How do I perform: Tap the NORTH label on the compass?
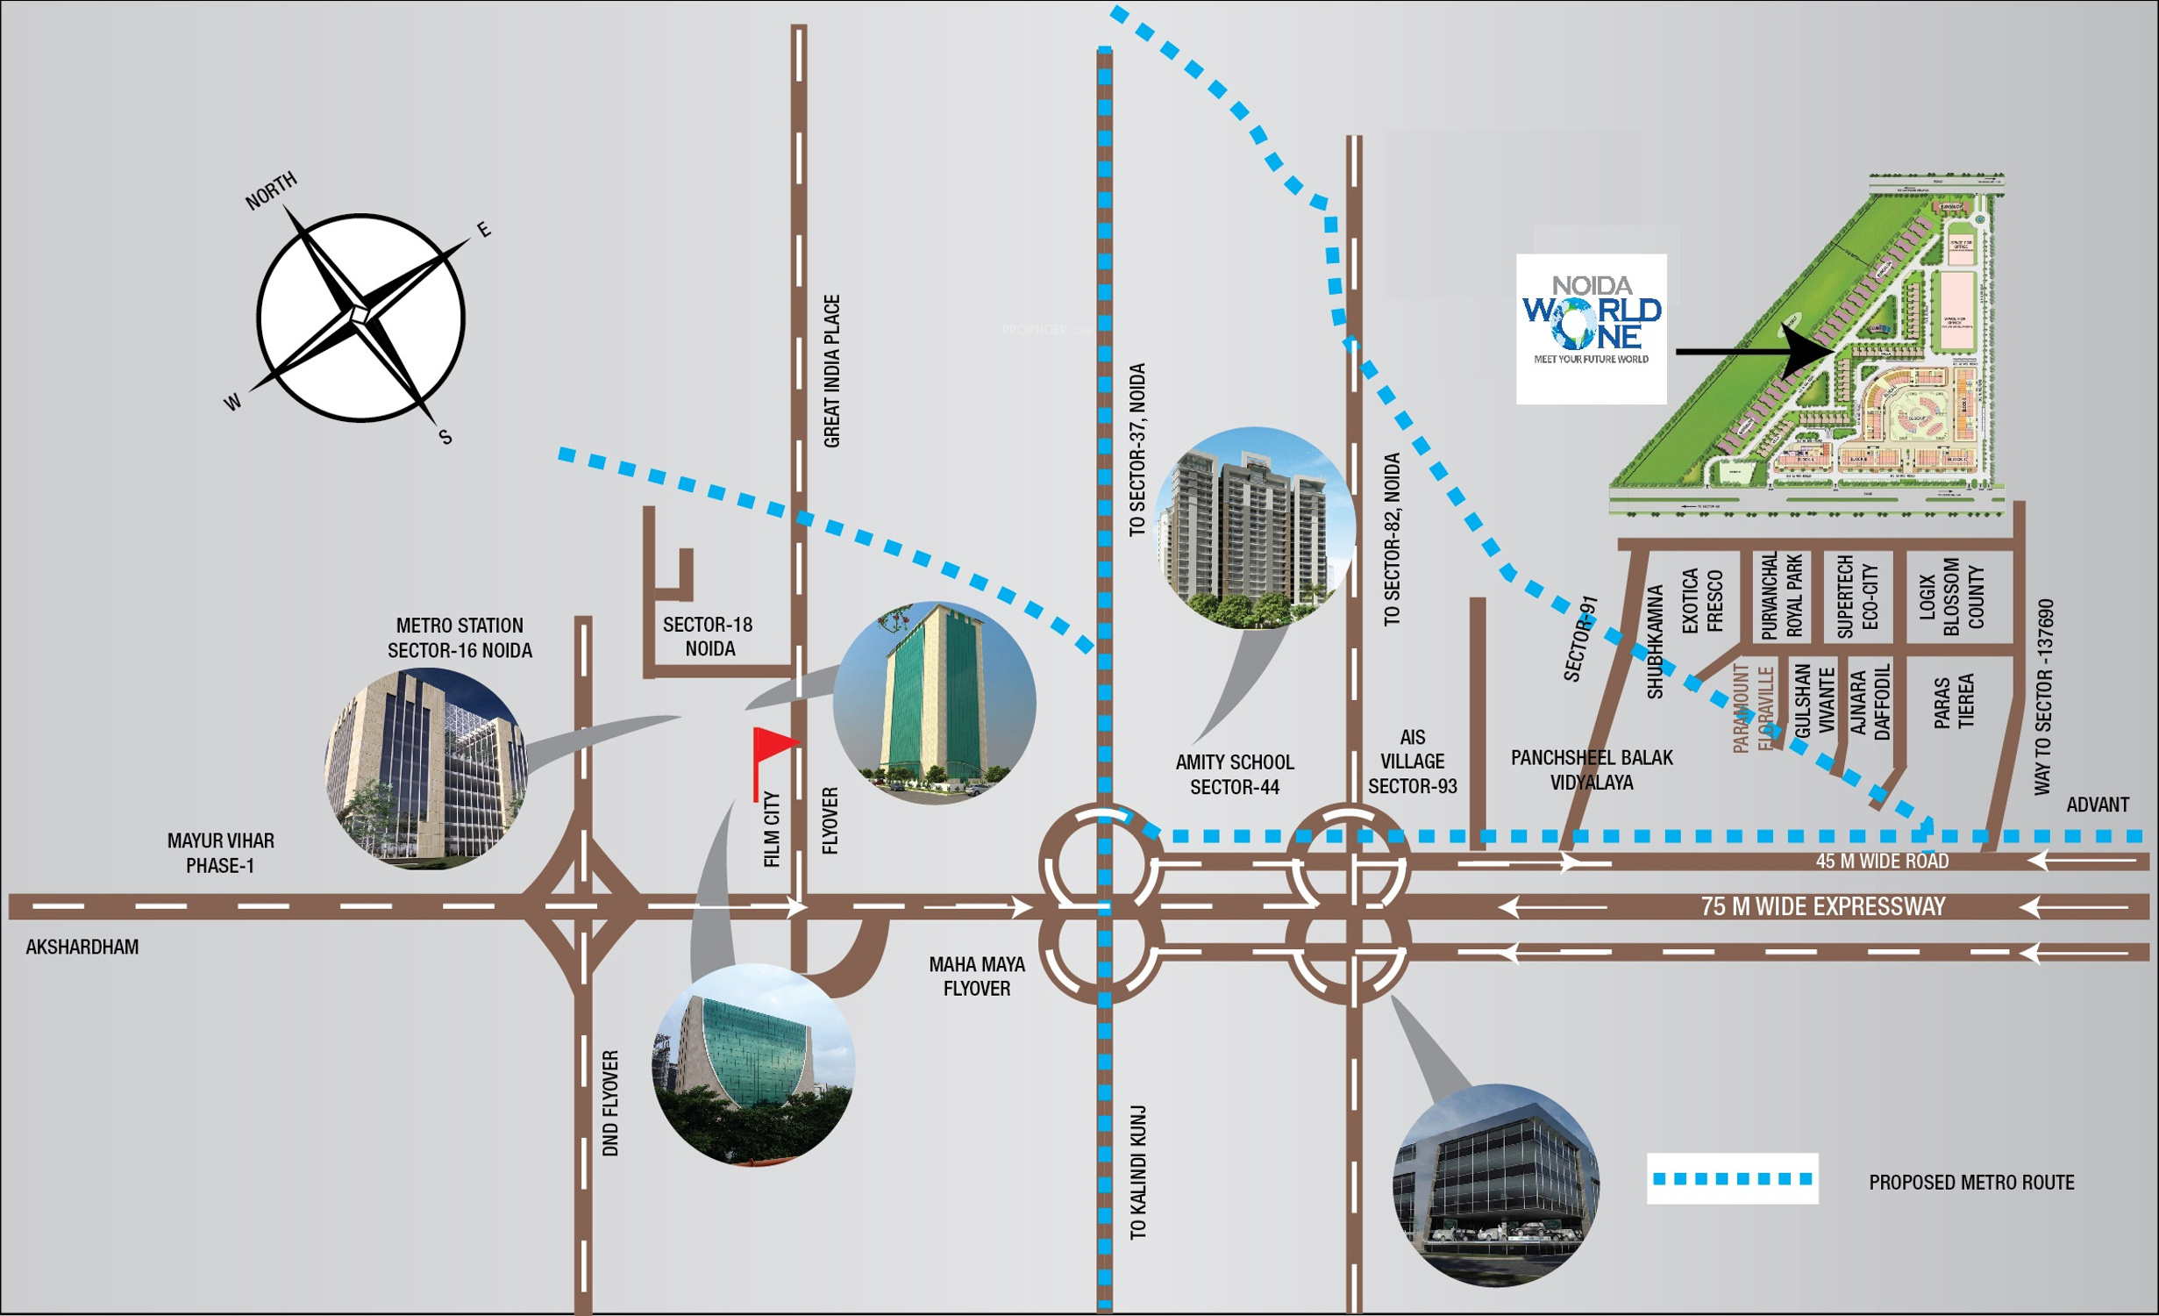coord(270,191)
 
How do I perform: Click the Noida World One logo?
coord(1591,328)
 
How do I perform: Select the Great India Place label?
coord(831,370)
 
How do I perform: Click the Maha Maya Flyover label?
coord(976,976)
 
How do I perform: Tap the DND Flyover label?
coord(610,1103)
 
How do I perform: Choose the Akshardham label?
coord(82,947)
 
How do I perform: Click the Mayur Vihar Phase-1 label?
coord(220,853)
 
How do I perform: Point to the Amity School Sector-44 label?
coord(1234,774)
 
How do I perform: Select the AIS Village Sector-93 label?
coord(1412,762)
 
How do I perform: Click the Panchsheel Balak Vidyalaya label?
coord(1591,769)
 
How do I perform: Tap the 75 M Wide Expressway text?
coord(1822,906)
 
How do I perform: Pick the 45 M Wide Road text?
coord(1882,862)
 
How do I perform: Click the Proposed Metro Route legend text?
coord(1971,1182)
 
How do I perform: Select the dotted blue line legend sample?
coord(1732,1178)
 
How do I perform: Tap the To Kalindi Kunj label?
coord(1138,1172)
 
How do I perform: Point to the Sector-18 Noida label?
coord(708,636)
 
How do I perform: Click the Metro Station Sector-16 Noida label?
coord(460,638)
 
